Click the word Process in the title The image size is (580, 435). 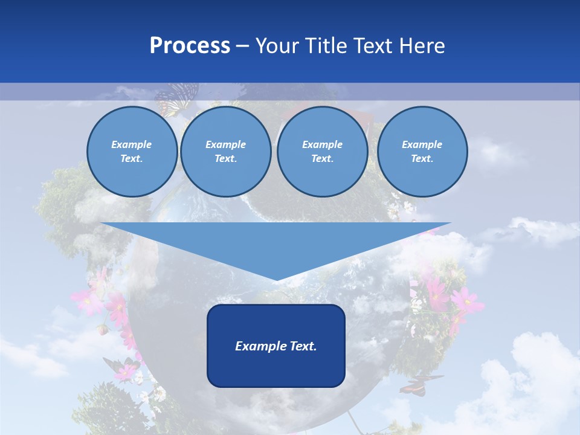(x=190, y=46)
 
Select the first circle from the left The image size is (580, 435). (x=132, y=152)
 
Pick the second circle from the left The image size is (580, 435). (x=225, y=152)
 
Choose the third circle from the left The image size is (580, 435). (x=322, y=152)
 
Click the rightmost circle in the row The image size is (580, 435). (x=422, y=152)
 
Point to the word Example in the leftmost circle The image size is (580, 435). (x=132, y=144)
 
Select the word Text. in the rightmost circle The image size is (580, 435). (x=422, y=159)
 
